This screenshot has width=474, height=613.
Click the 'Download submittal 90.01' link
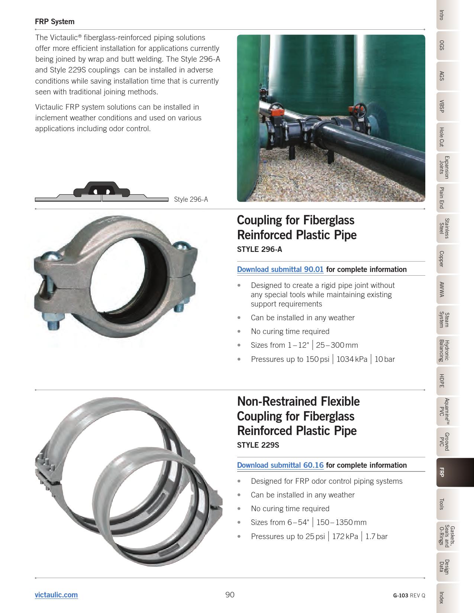click(280, 269)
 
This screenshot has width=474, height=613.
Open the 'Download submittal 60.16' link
click(280, 465)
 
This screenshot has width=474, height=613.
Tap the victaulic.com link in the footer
click(56, 595)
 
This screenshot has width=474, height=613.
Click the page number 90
click(230, 595)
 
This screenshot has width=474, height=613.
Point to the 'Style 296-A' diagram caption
click(191, 200)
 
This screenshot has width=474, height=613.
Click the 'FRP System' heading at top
click(55, 22)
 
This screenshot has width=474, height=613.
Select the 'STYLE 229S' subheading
click(258, 445)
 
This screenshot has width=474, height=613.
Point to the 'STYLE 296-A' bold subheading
click(259, 249)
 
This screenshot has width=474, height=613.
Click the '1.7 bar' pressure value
click(376, 536)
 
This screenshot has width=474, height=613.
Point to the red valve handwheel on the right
click(360, 110)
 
